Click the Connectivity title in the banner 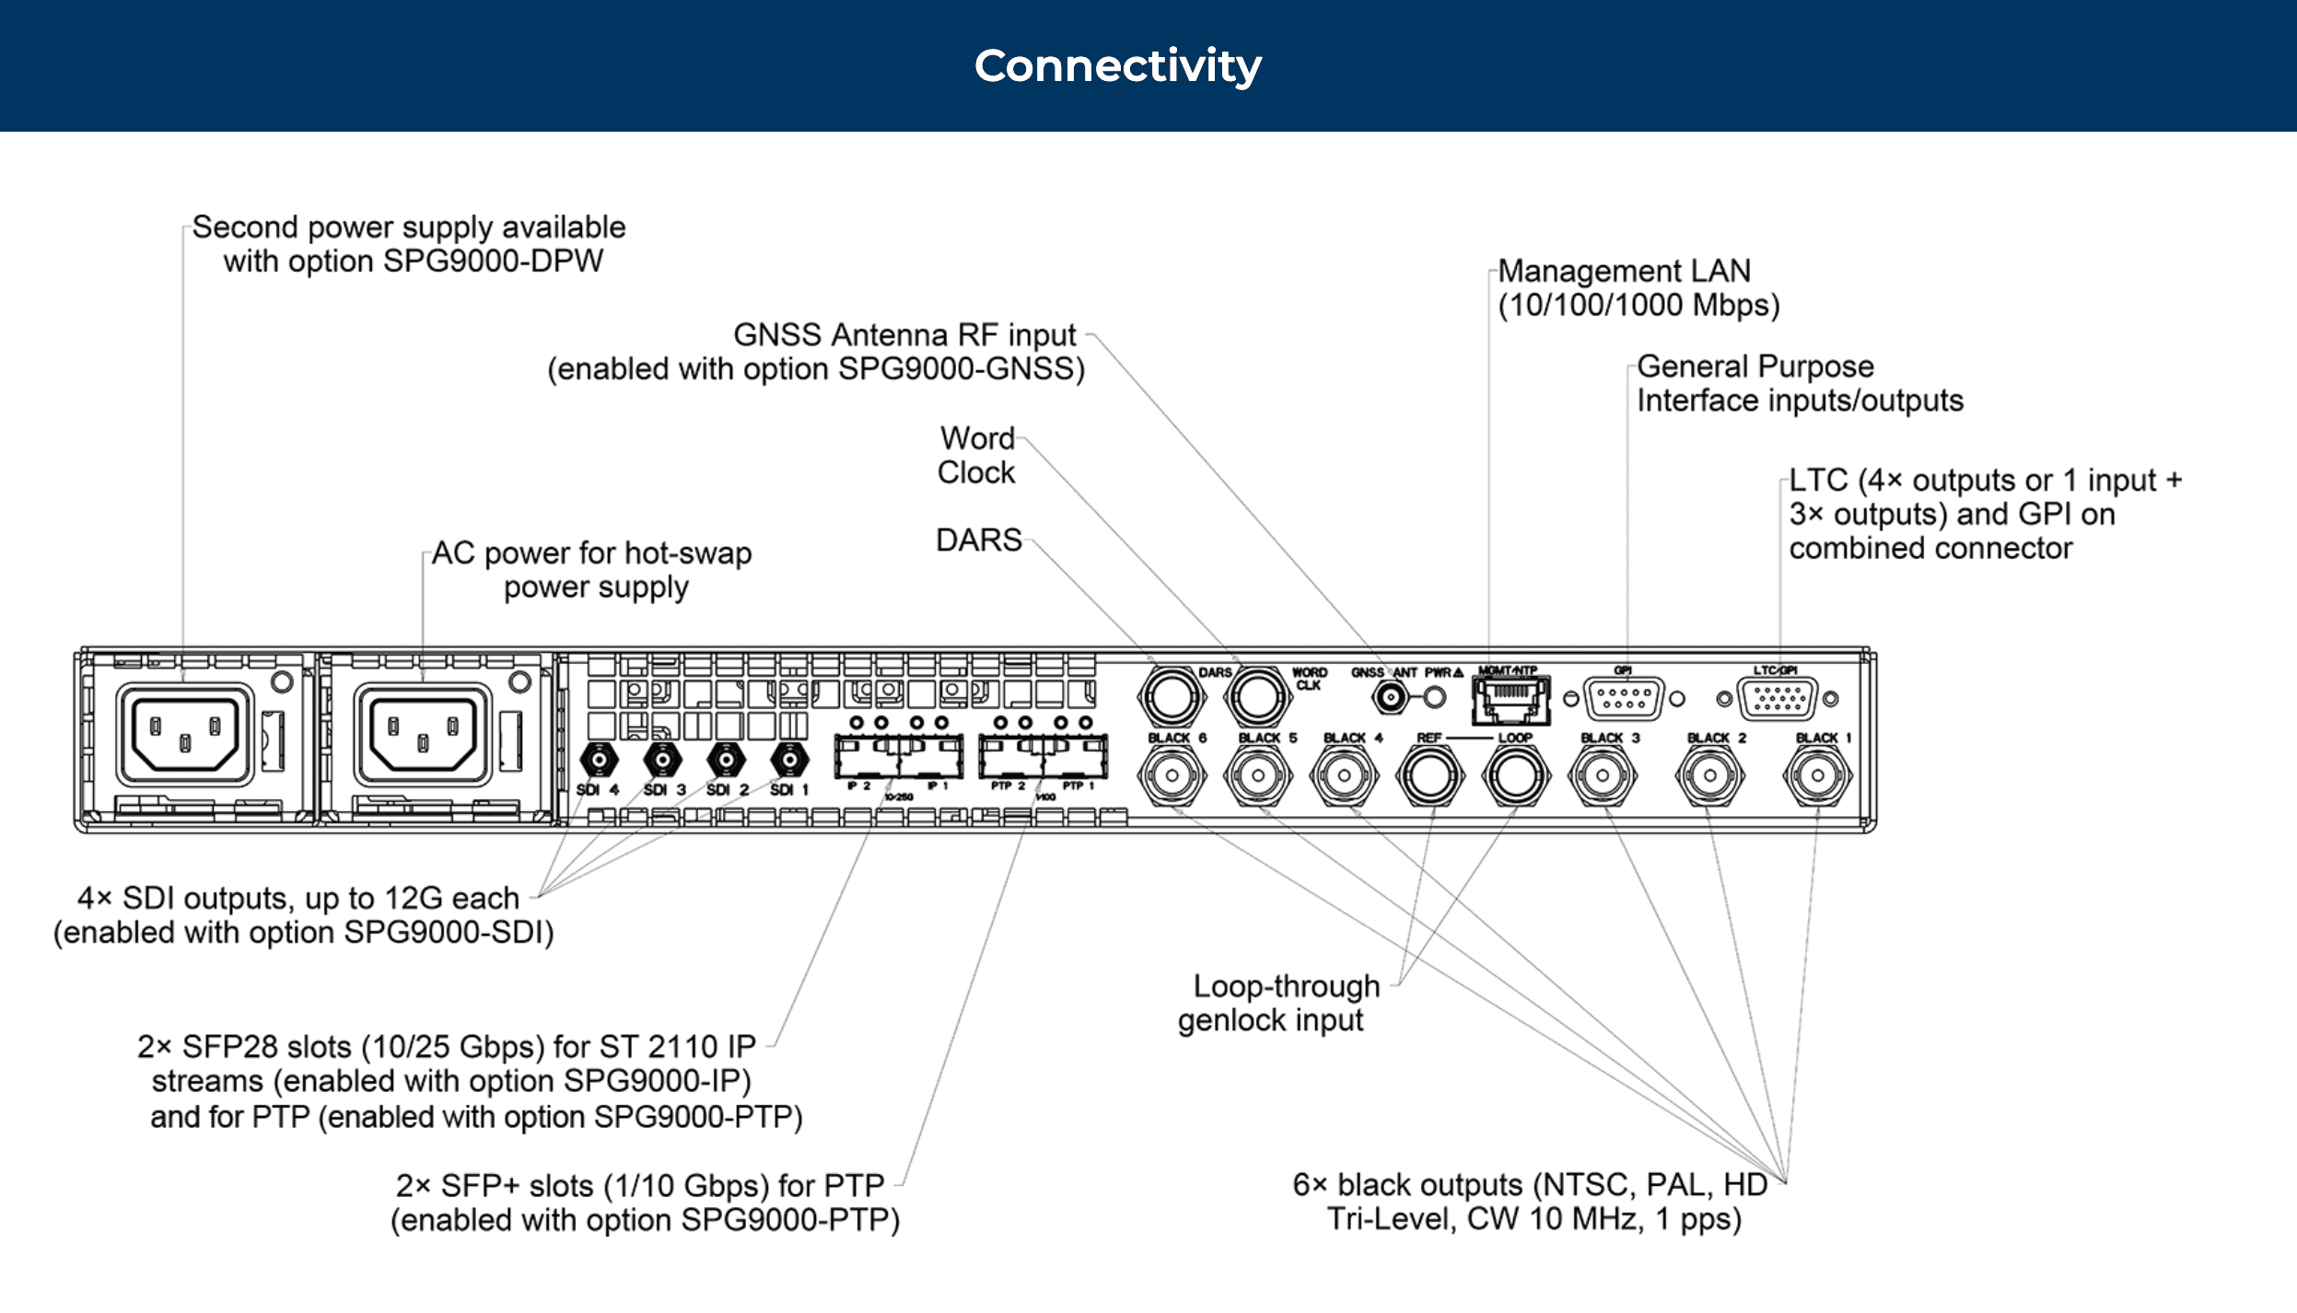[x=1117, y=66]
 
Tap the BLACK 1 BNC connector [x=1816, y=775]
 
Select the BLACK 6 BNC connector [x=1172, y=775]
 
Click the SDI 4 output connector [x=600, y=761]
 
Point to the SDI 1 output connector [x=789, y=761]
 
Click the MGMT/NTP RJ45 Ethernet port [x=1510, y=700]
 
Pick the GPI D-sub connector [x=1624, y=698]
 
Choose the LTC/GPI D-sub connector [x=1777, y=698]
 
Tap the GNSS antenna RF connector [x=1391, y=698]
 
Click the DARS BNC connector [x=1172, y=697]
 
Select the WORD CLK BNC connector [x=1257, y=697]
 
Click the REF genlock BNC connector [x=1429, y=775]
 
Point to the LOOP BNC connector [x=1515, y=775]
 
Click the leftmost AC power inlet [x=185, y=734]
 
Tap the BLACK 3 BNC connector [x=1603, y=775]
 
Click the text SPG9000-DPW [x=493, y=261]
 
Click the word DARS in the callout [x=978, y=540]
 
